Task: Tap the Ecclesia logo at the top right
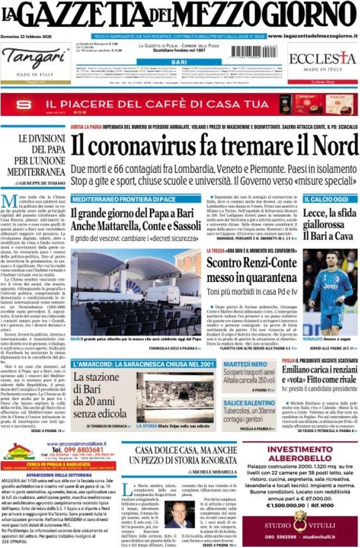coord(322,58)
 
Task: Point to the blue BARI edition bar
coord(179,63)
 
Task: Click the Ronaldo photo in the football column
coord(330,294)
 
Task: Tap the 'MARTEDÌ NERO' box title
coord(244,364)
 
